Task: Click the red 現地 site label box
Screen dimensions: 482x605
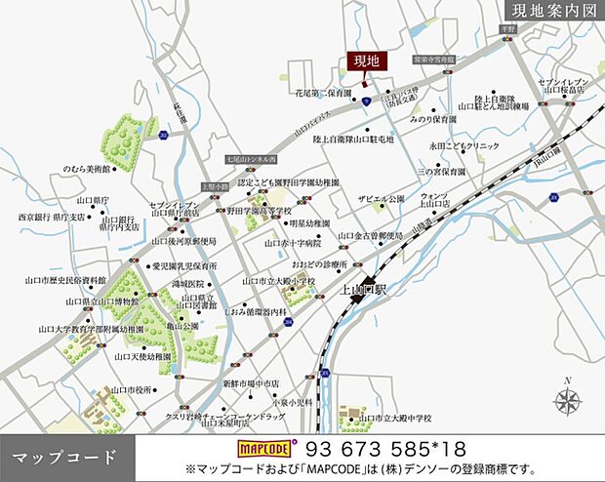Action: (366, 61)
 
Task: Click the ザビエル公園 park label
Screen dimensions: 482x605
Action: (381, 198)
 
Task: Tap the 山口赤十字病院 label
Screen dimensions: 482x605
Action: (292, 243)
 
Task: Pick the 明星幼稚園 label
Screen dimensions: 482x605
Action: (289, 221)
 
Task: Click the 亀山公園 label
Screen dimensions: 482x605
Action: (183, 325)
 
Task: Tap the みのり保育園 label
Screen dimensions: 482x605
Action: (433, 118)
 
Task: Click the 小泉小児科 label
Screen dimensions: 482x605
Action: (293, 401)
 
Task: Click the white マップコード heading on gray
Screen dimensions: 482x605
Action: (64, 457)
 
